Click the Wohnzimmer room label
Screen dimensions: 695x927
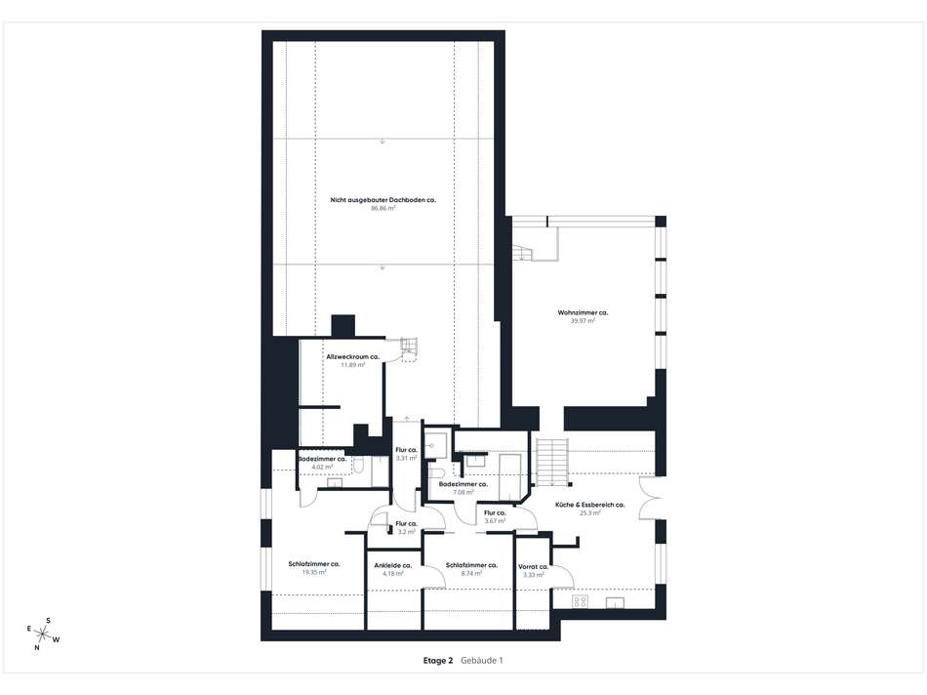click(583, 312)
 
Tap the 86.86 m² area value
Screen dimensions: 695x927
click(383, 208)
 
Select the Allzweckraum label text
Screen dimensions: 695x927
click(352, 357)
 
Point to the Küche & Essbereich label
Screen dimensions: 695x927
click(589, 505)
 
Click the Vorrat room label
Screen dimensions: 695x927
click(533, 566)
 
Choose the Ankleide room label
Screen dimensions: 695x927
click(393, 565)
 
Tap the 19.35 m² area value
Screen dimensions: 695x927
click(313, 573)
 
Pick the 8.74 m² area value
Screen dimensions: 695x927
click(471, 573)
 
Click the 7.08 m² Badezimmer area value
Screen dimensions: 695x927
click(463, 493)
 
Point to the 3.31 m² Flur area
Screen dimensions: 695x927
click(406, 458)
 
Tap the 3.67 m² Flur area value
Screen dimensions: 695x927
click(494, 520)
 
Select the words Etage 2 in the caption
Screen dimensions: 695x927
click(438, 661)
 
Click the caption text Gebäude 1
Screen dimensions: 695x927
click(482, 661)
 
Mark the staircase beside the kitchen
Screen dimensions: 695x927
click(551, 460)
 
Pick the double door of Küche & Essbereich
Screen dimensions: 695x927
click(646, 497)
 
